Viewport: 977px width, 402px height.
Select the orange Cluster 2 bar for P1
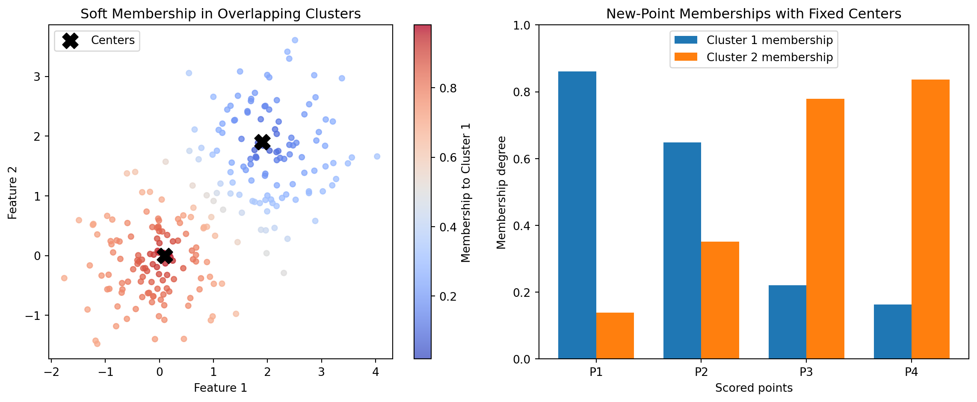(615, 336)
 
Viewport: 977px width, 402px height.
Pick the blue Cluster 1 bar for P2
(682, 251)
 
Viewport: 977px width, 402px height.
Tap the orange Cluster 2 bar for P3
(825, 229)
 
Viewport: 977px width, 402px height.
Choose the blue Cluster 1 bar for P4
(892, 331)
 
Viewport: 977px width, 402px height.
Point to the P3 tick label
(806, 372)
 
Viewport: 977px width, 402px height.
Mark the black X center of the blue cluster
(262, 142)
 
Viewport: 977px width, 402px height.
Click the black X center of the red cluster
(165, 256)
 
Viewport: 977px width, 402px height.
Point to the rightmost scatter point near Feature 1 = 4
(377, 157)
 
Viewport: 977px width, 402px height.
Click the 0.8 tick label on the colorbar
(448, 89)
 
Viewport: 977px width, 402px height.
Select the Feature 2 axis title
(13, 192)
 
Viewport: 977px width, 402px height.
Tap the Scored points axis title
(754, 388)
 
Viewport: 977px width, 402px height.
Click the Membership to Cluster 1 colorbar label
(466, 192)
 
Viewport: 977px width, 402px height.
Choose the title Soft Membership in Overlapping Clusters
(220, 14)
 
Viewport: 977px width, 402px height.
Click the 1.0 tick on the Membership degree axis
(521, 26)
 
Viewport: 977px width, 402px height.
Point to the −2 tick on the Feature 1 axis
(51, 372)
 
